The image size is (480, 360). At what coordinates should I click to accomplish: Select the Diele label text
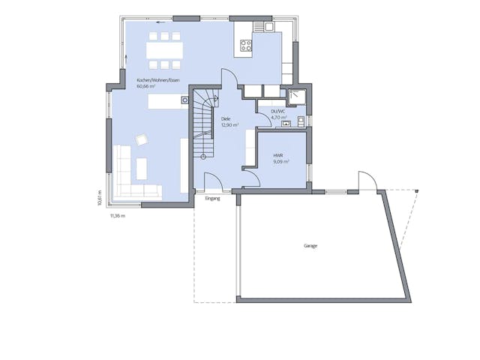click(226, 118)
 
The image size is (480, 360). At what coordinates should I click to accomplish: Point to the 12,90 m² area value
click(229, 124)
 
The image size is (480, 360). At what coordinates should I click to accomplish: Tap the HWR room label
click(277, 155)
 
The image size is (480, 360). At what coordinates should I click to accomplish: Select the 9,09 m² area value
click(281, 161)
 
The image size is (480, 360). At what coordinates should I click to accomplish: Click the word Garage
click(310, 246)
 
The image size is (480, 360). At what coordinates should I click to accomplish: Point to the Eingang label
click(212, 199)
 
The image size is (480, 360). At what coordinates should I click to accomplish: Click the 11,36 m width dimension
click(118, 215)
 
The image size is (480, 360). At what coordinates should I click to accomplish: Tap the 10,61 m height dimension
click(100, 196)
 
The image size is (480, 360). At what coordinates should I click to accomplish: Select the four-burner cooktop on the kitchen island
click(244, 45)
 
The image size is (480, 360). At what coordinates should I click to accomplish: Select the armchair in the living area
click(141, 139)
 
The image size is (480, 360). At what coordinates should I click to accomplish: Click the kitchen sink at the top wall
click(268, 28)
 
